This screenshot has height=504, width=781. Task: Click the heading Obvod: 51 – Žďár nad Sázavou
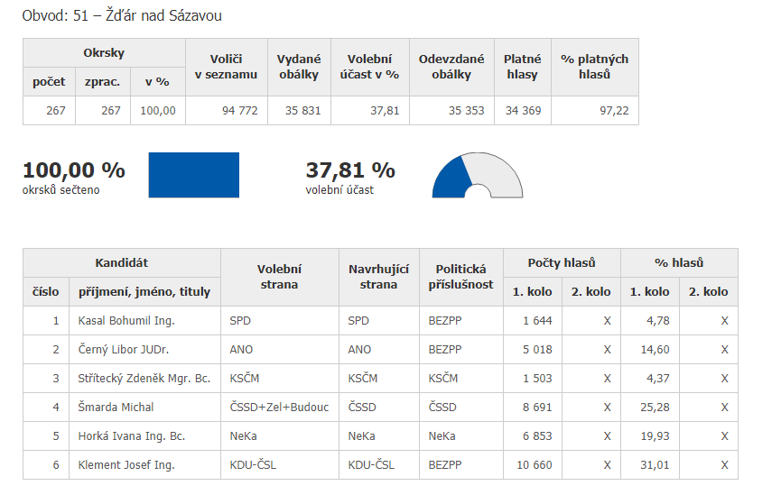pos(122,16)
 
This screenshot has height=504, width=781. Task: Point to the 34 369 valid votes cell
pos(521,111)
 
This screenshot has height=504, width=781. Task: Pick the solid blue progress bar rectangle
pos(193,175)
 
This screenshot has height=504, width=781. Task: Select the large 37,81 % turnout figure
pos(350,170)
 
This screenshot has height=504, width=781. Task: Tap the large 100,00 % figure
pos(74,170)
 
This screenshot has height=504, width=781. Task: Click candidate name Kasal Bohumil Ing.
pos(126,320)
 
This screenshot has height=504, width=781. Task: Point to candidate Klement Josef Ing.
pos(126,465)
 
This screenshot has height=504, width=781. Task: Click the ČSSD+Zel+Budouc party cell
pos(279,407)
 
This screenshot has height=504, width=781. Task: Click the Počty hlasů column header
pos(562,262)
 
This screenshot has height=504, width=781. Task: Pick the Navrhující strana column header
pos(379,277)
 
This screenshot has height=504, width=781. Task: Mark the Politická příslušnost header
pos(461,277)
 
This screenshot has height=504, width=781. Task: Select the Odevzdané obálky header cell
pos(451,67)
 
